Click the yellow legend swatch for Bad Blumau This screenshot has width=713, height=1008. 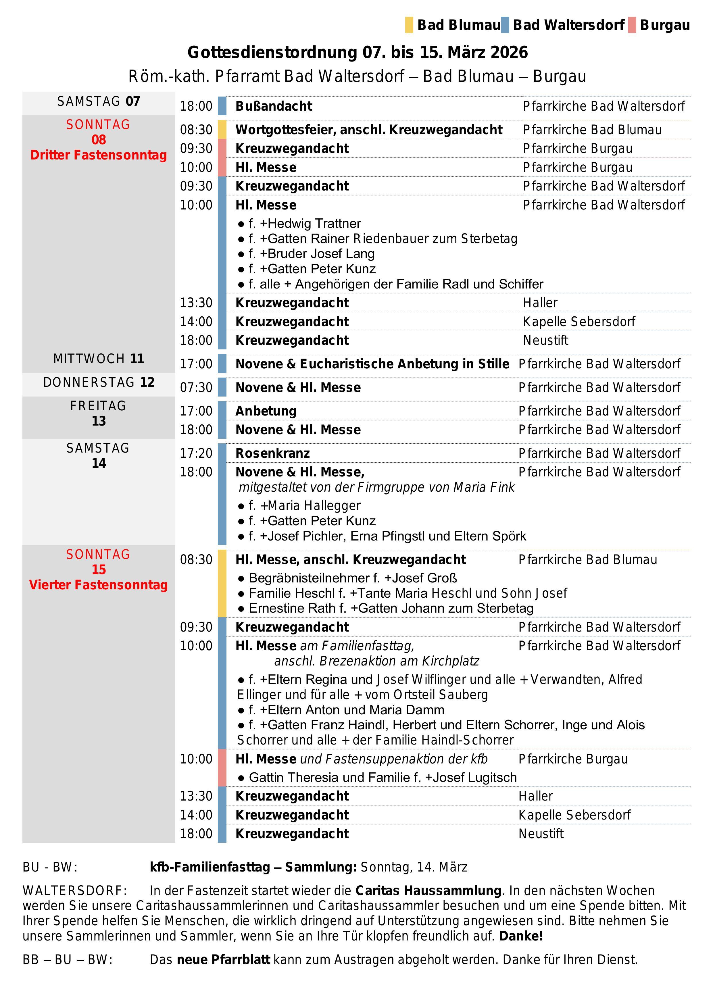pyautogui.click(x=409, y=25)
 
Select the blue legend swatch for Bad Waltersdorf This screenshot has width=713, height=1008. pyautogui.click(x=505, y=25)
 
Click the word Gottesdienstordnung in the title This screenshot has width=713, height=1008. pyautogui.click(x=272, y=53)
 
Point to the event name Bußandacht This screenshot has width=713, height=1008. pyautogui.click(x=274, y=106)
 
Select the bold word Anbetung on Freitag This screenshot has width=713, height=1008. pyautogui.click(x=266, y=411)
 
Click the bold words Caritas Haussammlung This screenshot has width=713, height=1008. pyautogui.click(x=428, y=891)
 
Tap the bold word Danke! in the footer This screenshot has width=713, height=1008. pyautogui.click(x=521, y=936)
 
